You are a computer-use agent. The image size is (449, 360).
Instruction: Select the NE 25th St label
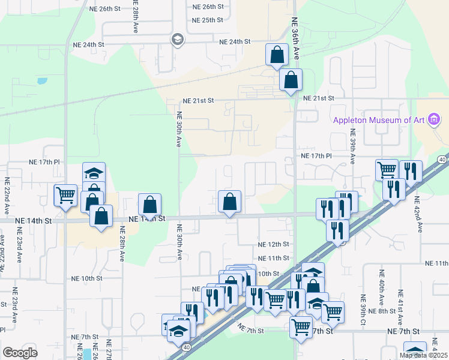tap(207, 20)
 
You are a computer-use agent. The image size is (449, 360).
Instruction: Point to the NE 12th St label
tap(274, 244)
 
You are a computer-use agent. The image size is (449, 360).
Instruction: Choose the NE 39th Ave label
tap(353, 147)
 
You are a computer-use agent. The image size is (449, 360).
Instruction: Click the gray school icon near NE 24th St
tap(177, 40)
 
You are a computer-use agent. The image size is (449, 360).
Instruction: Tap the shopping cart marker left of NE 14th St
tap(65, 194)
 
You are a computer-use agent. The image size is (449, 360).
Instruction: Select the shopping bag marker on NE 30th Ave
tap(149, 205)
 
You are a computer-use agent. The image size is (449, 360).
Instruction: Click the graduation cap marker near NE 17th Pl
tap(94, 173)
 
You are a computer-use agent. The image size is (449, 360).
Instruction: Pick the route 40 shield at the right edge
tap(442, 159)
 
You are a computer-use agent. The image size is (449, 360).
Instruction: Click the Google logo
tap(20, 353)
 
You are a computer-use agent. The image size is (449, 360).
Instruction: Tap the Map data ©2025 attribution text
tap(424, 355)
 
